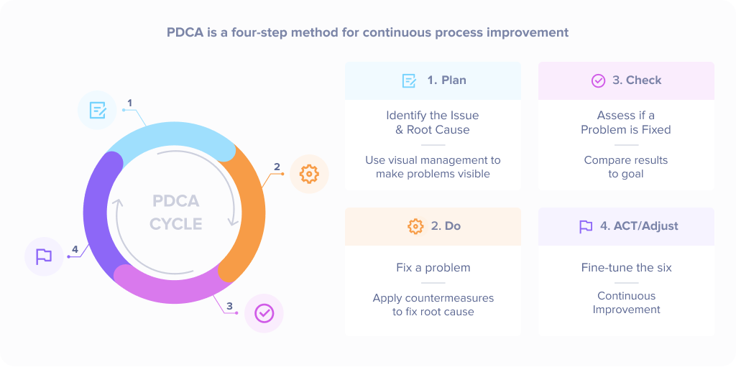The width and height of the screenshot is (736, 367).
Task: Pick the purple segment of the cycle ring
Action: [x=98, y=215]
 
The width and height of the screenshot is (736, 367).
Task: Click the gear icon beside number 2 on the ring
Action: [x=309, y=174]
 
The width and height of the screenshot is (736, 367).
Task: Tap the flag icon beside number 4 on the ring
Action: [x=44, y=256]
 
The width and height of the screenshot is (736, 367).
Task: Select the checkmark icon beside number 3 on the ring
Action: [x=264, y=313]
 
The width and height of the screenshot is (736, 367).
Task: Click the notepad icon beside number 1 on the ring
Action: [x=97, y=110]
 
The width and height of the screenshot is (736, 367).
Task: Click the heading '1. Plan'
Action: [x=446, y=80]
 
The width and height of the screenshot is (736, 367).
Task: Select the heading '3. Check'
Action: [x=637, y=80]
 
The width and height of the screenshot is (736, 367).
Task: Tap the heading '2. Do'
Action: [x=446, y=226]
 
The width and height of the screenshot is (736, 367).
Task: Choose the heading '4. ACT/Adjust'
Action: [x=639, y=226]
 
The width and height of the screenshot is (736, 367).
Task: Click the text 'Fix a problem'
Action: [x=433, y=268]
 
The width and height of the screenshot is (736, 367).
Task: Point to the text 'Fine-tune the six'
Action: [x=627, y=268]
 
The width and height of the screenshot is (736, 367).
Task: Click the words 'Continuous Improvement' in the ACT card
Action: [x=627, y=302]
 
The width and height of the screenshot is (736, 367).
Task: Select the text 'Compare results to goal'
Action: [x=626, y=167]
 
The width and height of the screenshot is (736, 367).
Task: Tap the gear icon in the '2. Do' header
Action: [x=415, y=226]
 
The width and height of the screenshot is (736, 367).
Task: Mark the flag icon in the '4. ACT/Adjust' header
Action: [x=586, y=226]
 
